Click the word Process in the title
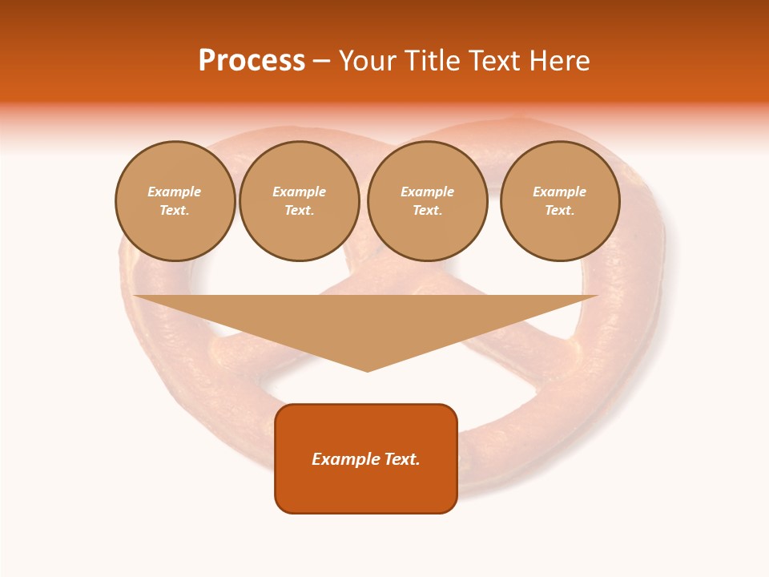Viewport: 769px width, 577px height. coord(252,61)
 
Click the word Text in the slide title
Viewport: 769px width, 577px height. coord(495,61)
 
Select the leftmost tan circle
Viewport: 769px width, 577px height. coord(175,201)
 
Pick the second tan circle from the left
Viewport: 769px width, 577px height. coord(299,201)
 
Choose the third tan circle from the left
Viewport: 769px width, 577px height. coord(427,201)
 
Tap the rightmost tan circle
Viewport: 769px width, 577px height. coord(559,201)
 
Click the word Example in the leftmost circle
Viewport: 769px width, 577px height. coord(175,192)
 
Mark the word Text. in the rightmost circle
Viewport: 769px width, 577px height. coord(559,211)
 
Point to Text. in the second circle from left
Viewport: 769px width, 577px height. coord(299,211)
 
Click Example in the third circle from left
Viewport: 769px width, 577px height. coord(427,192)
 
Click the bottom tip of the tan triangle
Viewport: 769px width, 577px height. coord(367,369)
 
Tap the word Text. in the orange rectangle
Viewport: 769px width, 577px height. coord(402,459)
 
